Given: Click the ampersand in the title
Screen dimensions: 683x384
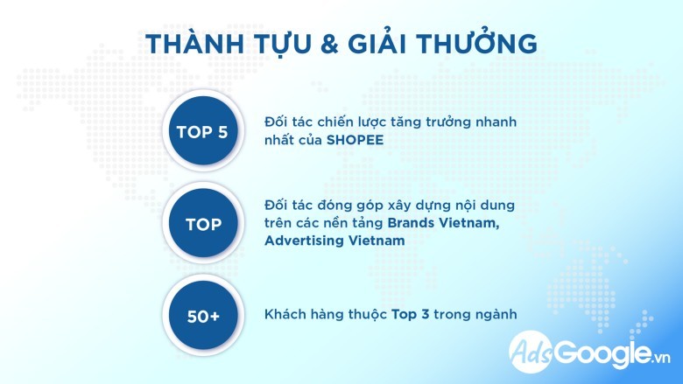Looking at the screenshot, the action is click(329, 45).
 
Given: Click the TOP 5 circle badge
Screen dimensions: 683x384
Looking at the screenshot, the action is click(203, 131).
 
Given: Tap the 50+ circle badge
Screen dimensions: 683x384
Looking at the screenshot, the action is click(203, 315).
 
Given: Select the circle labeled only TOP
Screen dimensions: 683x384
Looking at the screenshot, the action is click(203, 224).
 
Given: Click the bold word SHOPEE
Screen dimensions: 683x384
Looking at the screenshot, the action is click(355, 140).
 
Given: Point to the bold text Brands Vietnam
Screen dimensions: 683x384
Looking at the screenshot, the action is click(443, 223).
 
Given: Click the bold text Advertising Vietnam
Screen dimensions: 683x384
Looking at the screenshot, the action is click(334, 241).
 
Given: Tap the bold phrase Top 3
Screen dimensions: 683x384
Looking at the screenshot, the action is click(411, 314).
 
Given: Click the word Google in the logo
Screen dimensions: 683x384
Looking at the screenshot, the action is click(602, 353).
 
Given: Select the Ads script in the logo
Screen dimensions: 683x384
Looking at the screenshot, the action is click(532, 352).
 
